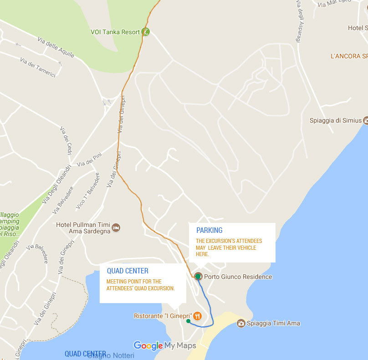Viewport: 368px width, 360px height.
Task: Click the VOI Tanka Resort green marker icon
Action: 145,32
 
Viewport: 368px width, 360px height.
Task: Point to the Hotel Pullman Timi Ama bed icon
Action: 116,227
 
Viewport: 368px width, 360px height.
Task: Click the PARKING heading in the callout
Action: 209,230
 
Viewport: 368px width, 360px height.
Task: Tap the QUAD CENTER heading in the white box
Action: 128,271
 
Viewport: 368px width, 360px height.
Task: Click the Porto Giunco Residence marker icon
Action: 198,277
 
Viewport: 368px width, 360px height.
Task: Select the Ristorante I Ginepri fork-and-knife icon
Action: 197,316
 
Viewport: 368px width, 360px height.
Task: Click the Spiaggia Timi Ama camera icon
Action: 241,324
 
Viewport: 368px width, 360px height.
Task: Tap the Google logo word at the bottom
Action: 148,346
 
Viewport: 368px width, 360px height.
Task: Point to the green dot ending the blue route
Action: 188,321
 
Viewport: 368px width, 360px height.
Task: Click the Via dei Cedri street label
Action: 66,142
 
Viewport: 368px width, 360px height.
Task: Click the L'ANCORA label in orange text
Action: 349,57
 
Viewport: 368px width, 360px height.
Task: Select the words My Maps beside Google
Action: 180,346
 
